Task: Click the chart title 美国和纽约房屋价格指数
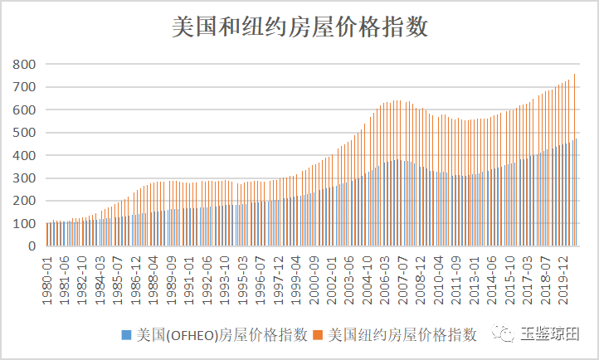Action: (x=299, y=27)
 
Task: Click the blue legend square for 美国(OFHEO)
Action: (x=126, y=335)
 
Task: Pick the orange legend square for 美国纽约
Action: (x=319, y=335)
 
